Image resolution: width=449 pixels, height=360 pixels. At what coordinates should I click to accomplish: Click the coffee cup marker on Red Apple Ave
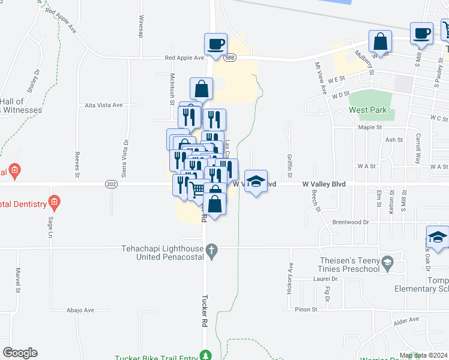coord(215,44)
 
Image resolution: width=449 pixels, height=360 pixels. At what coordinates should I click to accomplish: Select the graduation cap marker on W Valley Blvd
coord(256,182)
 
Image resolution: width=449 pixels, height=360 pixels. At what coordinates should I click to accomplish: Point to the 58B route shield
coord(230,58)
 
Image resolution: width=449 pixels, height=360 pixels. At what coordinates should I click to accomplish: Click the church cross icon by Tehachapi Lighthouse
coord(212,253)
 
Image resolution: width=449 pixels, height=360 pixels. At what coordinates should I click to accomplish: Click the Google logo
coord(20,353)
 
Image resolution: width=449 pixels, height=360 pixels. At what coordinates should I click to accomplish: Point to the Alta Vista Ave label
coord(104,105)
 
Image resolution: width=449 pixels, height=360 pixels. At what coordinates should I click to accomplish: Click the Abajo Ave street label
coord(81,310)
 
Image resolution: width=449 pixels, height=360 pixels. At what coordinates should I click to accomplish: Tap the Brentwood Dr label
coord(350,222)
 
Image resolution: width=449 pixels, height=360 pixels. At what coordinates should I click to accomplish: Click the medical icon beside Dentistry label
coord(55,202)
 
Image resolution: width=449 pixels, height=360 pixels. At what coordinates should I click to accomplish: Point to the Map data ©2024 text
coord(423,356)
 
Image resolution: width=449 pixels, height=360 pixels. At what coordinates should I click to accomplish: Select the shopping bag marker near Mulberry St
coord(381,43)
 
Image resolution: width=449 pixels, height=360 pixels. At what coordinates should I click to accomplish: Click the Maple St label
coord(370,127)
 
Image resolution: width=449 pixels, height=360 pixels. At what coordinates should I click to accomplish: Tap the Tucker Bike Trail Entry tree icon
coord(206,355)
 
